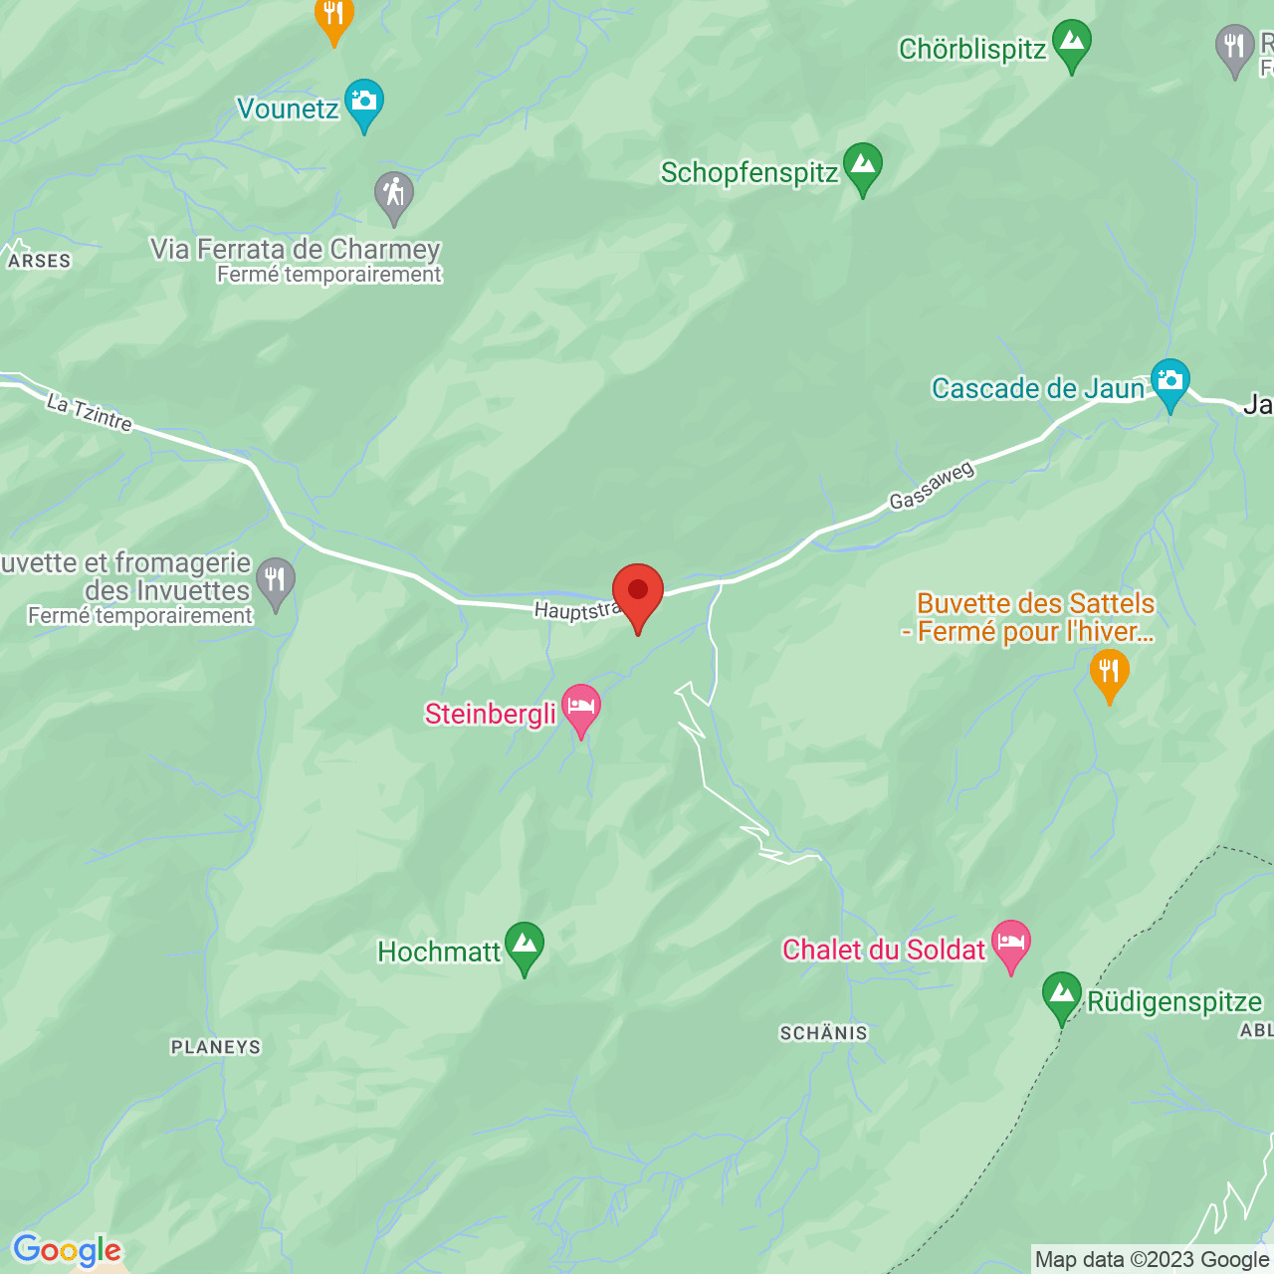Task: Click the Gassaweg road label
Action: [x=931, y=487]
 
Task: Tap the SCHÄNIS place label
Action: [x=823, y=1033]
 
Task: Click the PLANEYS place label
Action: [x=215, y=1047]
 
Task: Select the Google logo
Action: [x=67, y=1250]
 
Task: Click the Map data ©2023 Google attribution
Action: [x=1152, y=1260]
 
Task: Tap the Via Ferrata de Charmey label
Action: [x=296, y=249]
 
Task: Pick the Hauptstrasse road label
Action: [x=577, y=610]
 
